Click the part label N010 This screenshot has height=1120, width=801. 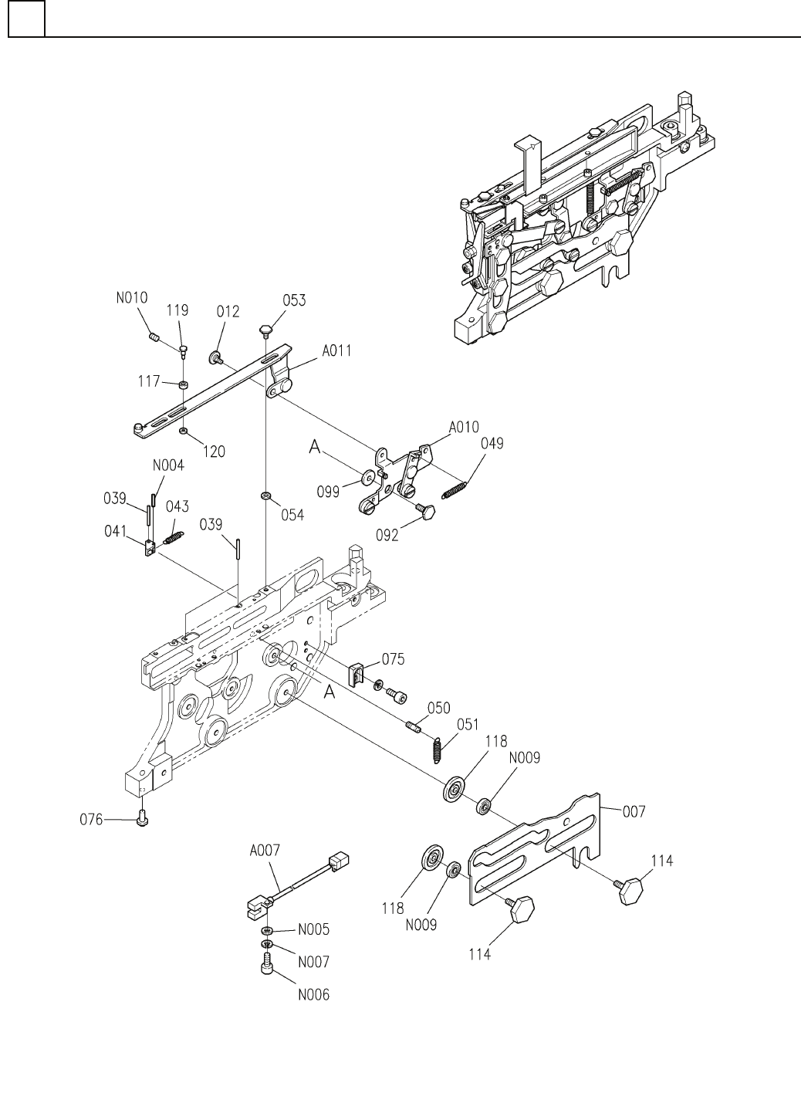(x=133, y=297)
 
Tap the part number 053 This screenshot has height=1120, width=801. (x=294, y=299)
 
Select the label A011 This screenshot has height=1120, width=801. (x=336, y=350)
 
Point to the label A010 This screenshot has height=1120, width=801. (x=464, y=426)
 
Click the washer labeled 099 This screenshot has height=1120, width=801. (x=367, y=479)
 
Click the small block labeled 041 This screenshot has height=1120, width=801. (x=149, y=549)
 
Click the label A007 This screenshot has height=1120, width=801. (x=265, y=850)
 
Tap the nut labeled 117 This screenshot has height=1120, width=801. (x=184, y=384)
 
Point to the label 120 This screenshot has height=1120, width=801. (x=213, y=452)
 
